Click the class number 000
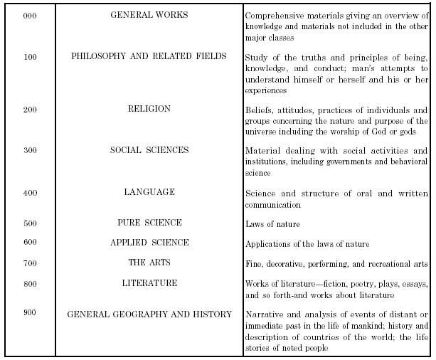[x=30, y=16]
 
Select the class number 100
[x=30, y=58]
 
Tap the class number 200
[x=30, y=111]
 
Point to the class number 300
[x=30, y=152]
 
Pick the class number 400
[x=30, y=194]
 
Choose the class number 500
[x=30, y=224]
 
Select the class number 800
[x=30, y=284]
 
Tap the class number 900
[x=30, y=314]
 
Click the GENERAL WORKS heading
[x=149, y=15]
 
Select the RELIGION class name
[x=149, y=109]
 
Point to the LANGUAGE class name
[x=149, y=192]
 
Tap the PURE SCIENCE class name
[x=149, y=223]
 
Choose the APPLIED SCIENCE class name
[x=149, y=243]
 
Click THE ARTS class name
[x=149, y=263]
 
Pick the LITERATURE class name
[x=149, y=282]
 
